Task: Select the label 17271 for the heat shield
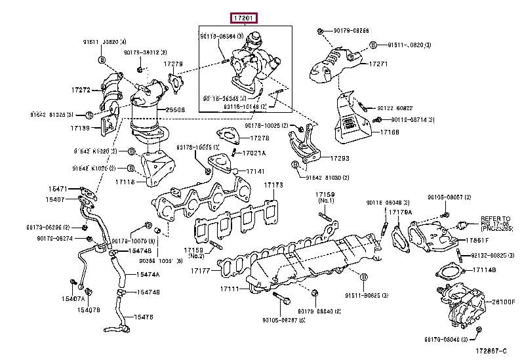click(x=378, y=64)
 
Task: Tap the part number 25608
click(x=175, y=111)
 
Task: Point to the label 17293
click(x=340, y=158)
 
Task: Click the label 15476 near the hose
click(x=143, y=317)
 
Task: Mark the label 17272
click(x=81, y=88)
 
